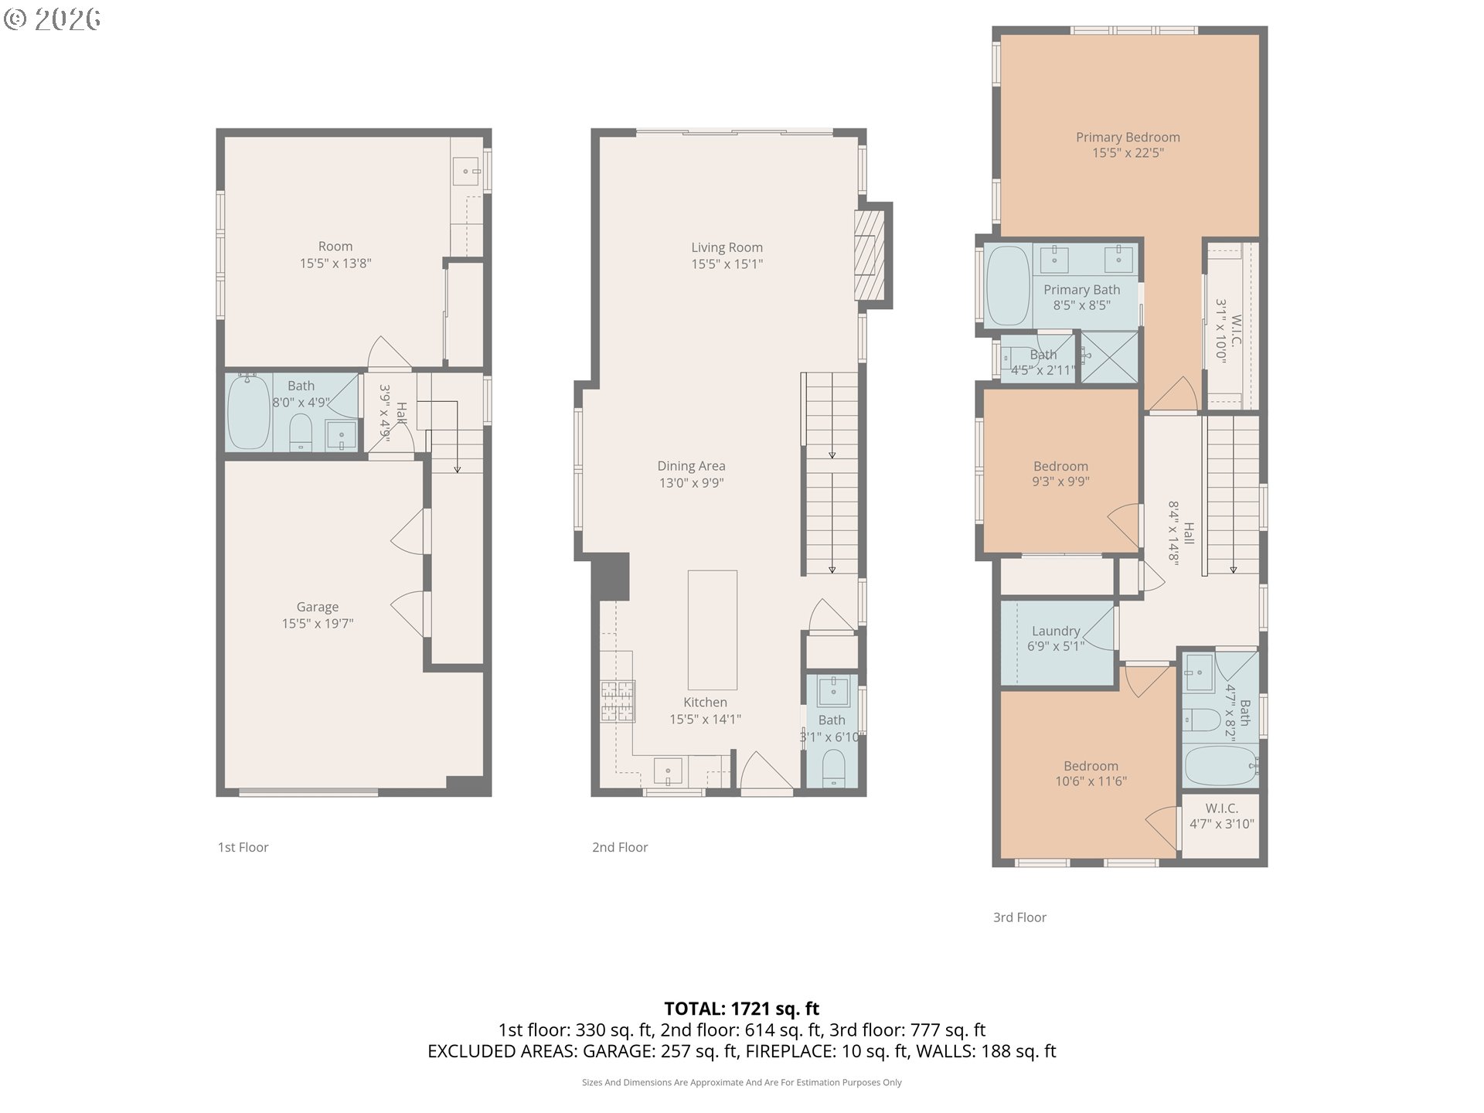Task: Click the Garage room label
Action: (x=317, y=608)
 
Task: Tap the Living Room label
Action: (x=727, y=247)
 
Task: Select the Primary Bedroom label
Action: (x=1128, y=138)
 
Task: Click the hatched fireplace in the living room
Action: (x=868, y=255)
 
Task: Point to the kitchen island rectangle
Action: (x=712, y=630)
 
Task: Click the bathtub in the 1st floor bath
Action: (x=249, y=411)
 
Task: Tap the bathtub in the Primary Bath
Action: (x=1006, y=285)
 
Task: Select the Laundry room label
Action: (x=1055, y=631)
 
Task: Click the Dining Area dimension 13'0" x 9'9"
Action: (x=691, y=483)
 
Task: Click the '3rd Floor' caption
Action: (x=1019, y=917)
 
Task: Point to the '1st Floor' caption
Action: (x=243, y=847)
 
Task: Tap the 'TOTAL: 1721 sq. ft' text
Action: (x=741, y=1009)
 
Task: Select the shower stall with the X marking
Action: (x=1109, y=356)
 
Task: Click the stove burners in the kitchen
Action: (x=618, y=701)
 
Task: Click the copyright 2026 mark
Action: (x=52, y=19)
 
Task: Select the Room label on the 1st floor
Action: (x=335, y=247)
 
